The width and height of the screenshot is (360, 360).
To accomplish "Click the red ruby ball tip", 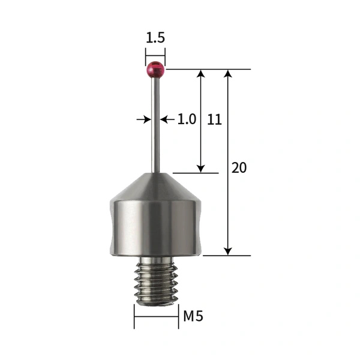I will (x=155, y=70).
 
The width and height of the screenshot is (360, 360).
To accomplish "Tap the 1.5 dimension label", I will (x=155, y=38).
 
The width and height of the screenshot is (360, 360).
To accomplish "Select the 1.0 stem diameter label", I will (x=187, y=119).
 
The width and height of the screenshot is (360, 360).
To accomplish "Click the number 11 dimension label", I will (x=214, y=119).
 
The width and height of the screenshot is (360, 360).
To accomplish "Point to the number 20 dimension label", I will (x=239, y=168).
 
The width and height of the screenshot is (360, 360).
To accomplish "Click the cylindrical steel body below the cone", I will (x=155, y=225).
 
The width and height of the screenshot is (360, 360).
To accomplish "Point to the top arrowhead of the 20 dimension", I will (x=227, y=74).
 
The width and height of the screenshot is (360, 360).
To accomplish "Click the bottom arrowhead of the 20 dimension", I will (x=227, y=251).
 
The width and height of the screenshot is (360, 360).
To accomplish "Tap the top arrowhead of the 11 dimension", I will (x=201, y=74).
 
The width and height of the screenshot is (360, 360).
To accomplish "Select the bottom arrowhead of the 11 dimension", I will (x=201, y=169).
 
